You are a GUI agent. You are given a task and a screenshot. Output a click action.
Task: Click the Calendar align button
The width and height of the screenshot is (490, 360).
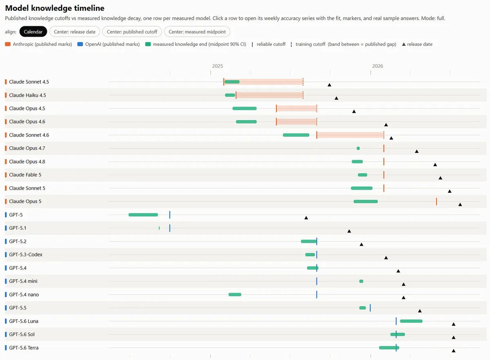(33, 32)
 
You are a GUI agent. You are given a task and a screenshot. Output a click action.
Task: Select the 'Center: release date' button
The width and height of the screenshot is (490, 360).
(75, 32)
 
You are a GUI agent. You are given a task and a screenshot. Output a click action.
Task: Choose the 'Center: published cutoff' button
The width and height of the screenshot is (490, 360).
(132, 32)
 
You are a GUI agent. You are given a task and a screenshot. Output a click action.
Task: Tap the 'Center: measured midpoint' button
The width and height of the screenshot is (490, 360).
(197, 32)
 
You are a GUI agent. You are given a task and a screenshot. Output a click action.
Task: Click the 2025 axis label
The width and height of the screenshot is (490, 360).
(217, 66)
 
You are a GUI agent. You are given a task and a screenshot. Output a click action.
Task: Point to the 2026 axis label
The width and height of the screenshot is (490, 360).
(378, 66)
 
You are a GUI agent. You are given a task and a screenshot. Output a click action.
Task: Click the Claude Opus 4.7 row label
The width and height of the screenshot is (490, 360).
(27, 148)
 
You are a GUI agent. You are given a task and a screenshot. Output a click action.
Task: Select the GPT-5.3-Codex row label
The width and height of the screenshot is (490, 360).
(26, 255)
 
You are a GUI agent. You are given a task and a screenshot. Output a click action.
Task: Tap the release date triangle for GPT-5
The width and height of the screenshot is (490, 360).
(306, 218)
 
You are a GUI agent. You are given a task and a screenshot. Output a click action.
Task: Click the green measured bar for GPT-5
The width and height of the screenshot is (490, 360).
(143, 215)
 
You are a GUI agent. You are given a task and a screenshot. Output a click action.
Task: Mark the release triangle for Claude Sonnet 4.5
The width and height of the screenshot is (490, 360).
(329, 85)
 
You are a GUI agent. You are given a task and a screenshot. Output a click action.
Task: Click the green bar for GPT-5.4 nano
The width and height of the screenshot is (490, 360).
(235, 295)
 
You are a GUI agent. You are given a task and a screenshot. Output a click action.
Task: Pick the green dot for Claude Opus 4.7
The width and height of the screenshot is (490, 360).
(358, 148)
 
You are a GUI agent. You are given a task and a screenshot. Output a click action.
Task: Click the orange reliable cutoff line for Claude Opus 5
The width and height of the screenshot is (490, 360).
(437, 201)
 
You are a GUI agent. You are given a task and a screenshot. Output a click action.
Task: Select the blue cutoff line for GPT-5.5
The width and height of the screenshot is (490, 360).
(370, 308)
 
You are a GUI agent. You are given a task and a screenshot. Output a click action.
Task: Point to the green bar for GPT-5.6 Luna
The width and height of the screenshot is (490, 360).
(411, 321)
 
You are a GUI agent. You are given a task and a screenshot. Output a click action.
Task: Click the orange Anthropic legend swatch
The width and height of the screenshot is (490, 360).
(8, 44)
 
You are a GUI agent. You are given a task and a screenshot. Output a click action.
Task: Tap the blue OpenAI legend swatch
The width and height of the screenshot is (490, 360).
(80, 44)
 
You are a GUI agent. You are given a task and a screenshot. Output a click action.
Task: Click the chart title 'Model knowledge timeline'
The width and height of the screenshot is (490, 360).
(55, 8)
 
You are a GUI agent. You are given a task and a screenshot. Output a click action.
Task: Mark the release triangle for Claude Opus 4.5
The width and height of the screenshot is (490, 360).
(354, 112)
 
